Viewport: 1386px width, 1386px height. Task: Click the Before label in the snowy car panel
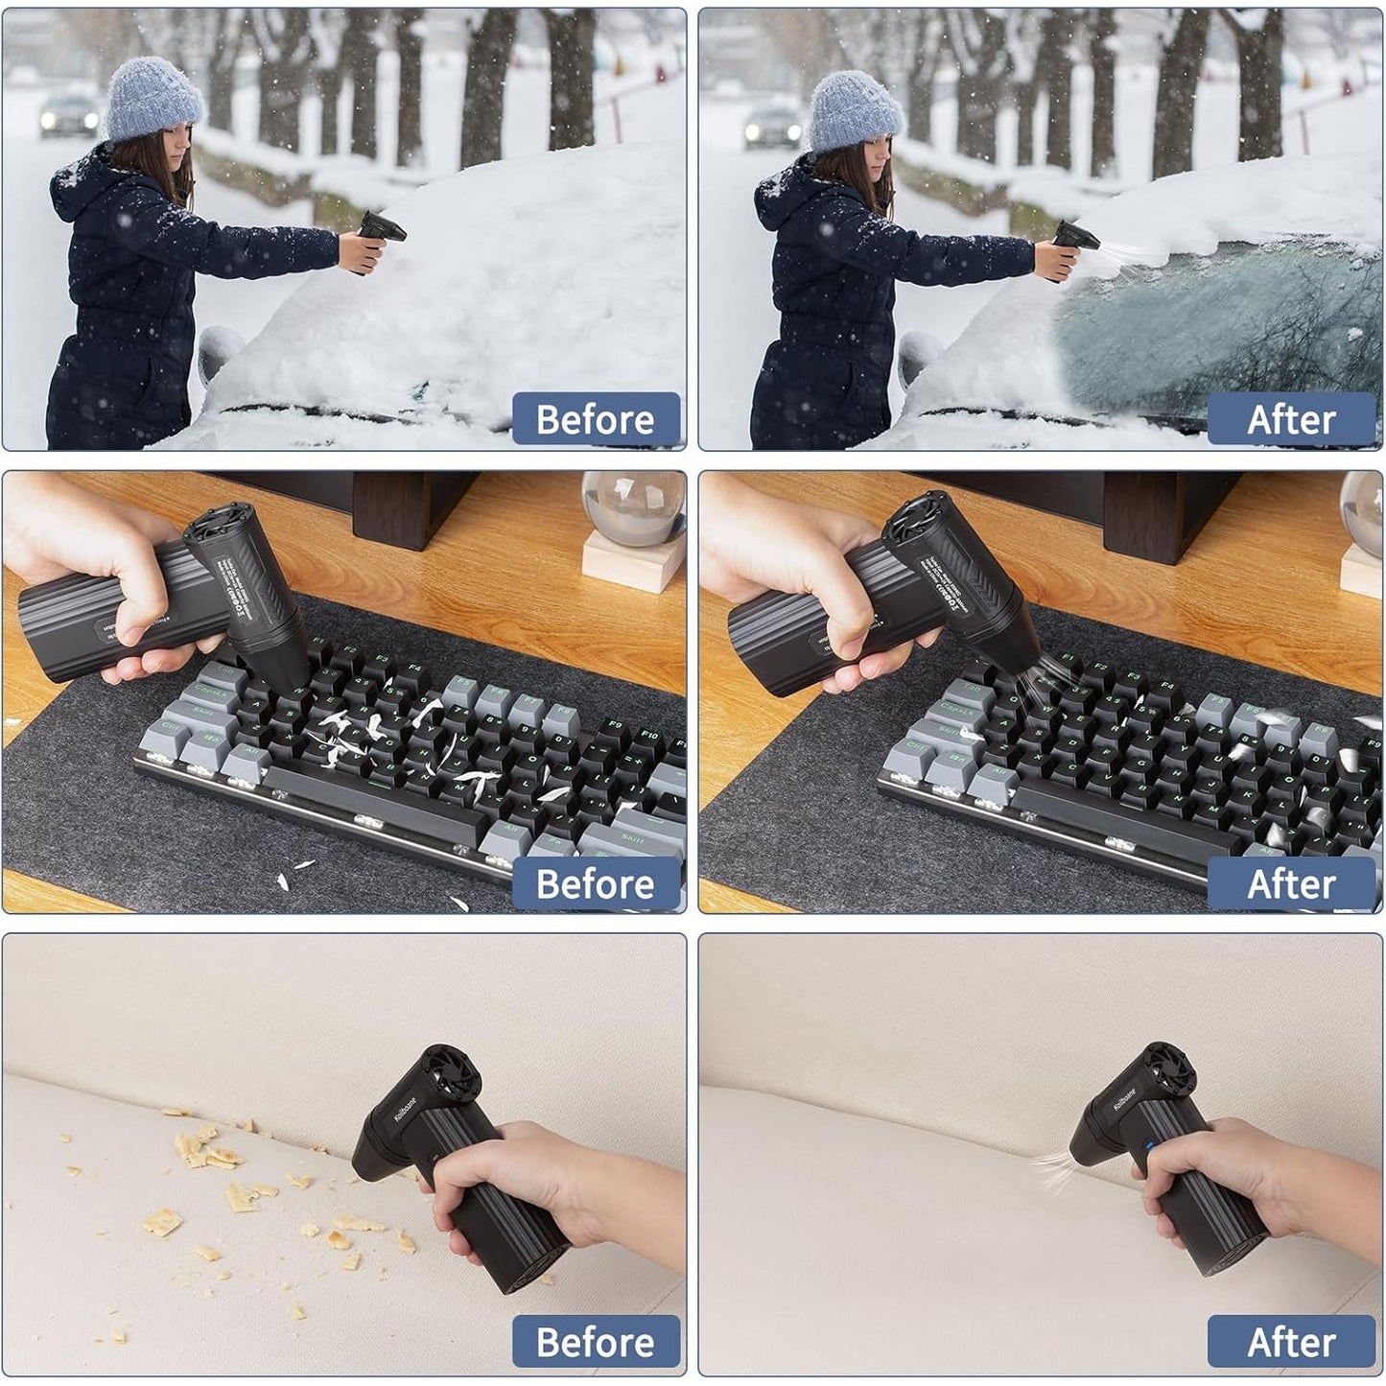[x=596, y=419]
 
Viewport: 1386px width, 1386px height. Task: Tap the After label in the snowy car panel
[x=1291, y=419]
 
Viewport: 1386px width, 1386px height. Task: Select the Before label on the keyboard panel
[x=596, y=883]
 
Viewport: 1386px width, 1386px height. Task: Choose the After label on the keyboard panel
[x=1291, y=883]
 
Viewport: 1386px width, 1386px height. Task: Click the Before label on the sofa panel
[x=596, y=1342]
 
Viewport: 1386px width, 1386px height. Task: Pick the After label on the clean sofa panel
[x=1291, y=1342]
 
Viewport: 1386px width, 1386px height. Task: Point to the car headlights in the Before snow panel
[x=67, y=119]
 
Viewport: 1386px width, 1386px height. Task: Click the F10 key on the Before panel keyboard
[x=648, y=737]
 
